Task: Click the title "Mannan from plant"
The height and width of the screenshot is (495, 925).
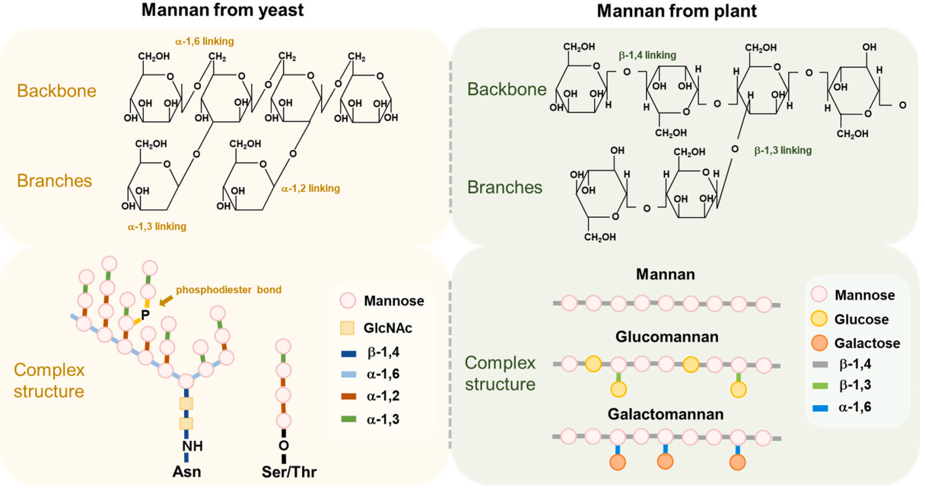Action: point(676,11)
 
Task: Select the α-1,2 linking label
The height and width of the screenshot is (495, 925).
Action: point(310,188)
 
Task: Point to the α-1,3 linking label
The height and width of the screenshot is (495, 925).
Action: point(157,226)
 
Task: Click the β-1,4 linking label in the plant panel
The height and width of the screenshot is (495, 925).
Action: point(647,55)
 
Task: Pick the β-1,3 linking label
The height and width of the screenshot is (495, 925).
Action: point(783,151)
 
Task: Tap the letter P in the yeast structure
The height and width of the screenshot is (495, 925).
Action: point(145,314)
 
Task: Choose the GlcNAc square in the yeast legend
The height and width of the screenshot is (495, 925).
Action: point(348,327)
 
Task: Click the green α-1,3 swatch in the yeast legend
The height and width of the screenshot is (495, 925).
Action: point(348,418)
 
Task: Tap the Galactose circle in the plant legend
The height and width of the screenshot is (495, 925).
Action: point(819,343)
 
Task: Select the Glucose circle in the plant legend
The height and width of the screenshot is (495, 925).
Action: point(819,319)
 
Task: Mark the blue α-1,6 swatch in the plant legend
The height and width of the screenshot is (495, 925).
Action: point(819,407)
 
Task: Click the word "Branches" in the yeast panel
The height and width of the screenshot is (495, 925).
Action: point(54,181)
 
